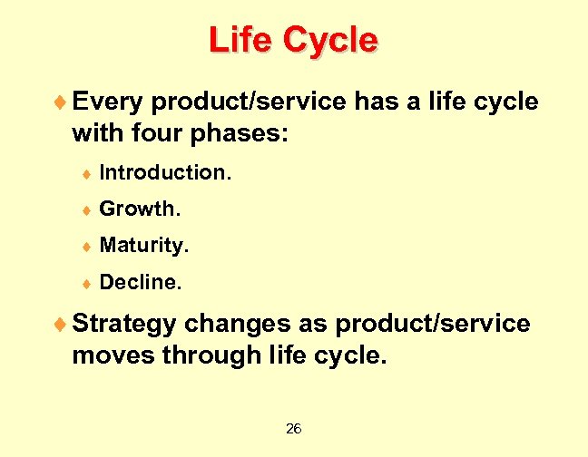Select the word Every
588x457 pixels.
pyautogui.click(x=108, y=102)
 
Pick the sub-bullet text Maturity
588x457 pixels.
pyautogui.click(x=144, y=246)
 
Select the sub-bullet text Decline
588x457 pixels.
pyautogui.click(x=141, y=283)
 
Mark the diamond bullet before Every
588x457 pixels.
pyautogui.click(x=61, y=102)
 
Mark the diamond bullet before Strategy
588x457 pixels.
pyautogui.click(x=61, y=324)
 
